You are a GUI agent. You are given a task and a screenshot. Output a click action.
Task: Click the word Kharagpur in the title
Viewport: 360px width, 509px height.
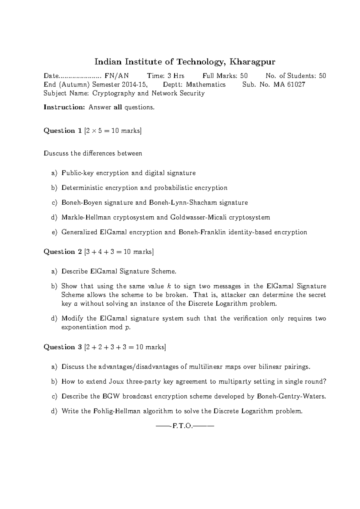pos(252,62)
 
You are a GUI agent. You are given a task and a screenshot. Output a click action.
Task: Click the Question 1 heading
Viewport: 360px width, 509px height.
pos(63,131)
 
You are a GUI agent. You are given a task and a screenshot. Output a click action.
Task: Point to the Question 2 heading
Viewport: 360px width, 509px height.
pos(63,252)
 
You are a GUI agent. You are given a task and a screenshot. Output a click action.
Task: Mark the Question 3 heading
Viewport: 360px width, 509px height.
pos(63,348)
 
